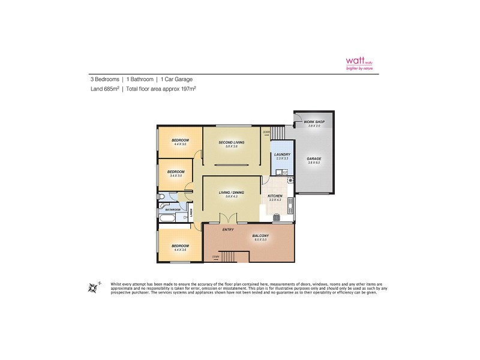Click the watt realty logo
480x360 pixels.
click(x=359, y=63)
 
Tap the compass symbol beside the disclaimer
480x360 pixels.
click(x=93, y=287)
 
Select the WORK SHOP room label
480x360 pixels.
click(x=315, y=122)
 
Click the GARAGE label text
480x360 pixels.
click(x=314, y=159)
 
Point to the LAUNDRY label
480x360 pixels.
click(x=281, y=154)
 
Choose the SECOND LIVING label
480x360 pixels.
click(x=232, y=142)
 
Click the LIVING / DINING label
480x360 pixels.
click(x=232, y=193)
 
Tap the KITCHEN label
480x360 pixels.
click(x=275, y=196)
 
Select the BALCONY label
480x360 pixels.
click(x=260, y=235)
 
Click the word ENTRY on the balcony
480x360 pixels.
click(x=228, y=229)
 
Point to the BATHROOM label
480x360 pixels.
click(x=173, y=209)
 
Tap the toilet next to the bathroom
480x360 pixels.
click(x=161, y=197)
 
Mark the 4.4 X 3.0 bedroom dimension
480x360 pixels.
click(x=180, y=144)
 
